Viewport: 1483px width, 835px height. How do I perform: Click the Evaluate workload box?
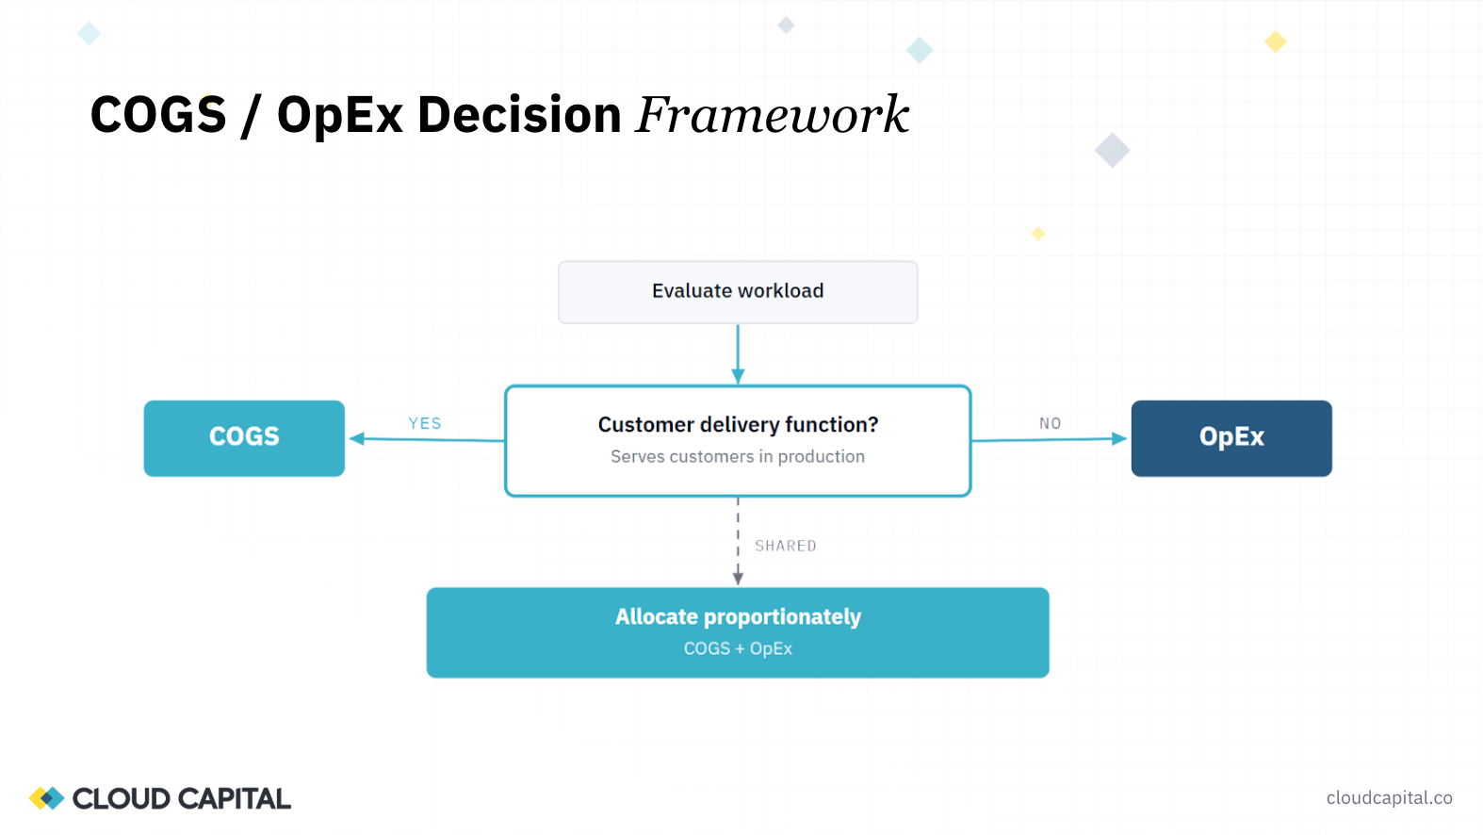(738, 292)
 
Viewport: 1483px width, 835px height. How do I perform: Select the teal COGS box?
(244, 438)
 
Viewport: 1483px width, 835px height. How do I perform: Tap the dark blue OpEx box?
(1230, 438)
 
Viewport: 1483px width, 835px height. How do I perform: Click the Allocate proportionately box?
(738, 632)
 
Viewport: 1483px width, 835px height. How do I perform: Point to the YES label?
(425, 424)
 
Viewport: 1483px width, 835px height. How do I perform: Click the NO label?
(1050, 424)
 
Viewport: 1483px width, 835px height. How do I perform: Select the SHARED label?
(785, 546)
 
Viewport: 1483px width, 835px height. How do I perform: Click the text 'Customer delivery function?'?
(738, 425)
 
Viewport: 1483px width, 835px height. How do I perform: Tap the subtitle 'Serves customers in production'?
(738, 457)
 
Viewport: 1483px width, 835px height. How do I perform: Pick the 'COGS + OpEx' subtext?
(738, 648)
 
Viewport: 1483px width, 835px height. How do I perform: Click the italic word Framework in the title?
(773, 115)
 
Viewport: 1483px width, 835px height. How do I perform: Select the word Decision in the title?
(519, 115)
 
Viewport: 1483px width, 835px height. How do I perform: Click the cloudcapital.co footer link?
(1389, 798)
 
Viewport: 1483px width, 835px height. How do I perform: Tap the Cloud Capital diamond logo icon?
(46, 798)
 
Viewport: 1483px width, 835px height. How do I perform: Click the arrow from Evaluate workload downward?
(738, 353)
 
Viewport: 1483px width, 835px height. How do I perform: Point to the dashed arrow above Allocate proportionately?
(738, 542)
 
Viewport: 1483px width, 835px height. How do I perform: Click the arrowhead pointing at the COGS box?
(357, 438)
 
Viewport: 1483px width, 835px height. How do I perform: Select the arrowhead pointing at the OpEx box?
(1119, 438)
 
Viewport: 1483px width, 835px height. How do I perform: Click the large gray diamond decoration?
(1112, 150)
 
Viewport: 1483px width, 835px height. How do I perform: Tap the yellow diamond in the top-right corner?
(1276, 41)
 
